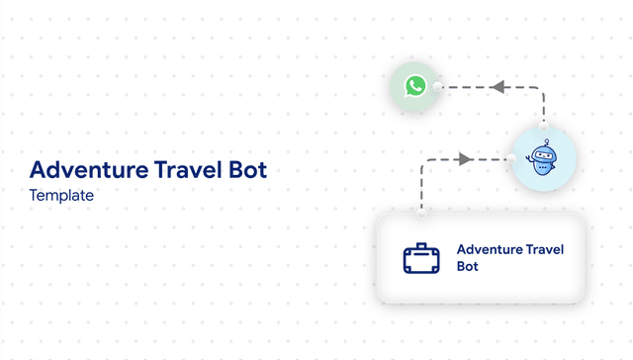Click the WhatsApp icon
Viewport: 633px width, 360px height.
[415, 86]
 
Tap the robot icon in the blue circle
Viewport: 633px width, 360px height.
[543, 160]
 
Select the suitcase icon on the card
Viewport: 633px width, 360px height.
[421, 258]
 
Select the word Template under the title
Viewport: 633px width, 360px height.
[61, 196]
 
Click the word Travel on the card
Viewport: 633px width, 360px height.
[545, 249]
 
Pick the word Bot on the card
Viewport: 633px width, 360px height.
[467, 266]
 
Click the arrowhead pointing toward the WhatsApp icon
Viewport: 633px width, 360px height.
[498, 87]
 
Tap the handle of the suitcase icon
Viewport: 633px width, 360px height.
[421, 245]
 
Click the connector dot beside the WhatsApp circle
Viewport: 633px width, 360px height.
[437, 87]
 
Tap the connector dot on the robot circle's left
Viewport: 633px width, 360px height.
[512, 159]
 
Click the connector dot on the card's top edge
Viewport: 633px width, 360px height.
[421, 210]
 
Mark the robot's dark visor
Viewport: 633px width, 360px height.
[542, 154]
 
